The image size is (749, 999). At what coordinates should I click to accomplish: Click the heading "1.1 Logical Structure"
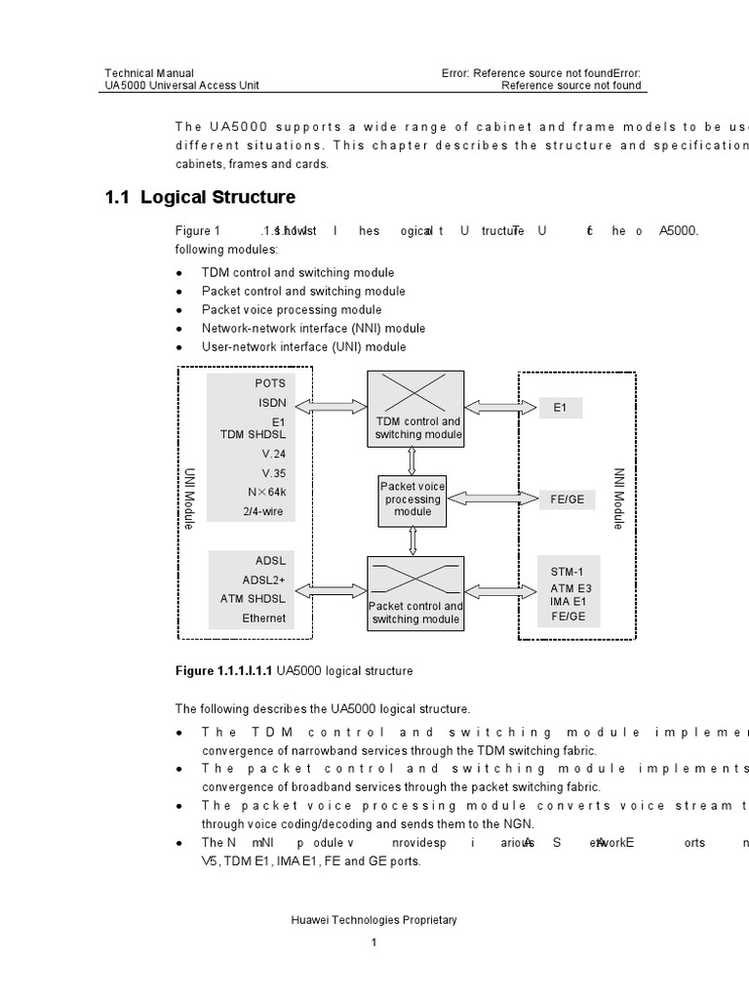pos(200,197)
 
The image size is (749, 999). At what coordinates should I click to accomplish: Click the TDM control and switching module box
pos(415,409)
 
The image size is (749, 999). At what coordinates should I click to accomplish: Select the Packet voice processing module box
pos(413,499)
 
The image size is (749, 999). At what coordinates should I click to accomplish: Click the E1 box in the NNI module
pos(560,408)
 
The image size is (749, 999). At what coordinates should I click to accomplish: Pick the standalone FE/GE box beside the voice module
pos(568,499)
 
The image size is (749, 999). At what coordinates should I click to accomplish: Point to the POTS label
pos(270,383)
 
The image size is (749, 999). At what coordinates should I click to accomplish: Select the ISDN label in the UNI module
pos(272,402)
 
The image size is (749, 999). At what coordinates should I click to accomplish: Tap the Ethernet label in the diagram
pos(264,618)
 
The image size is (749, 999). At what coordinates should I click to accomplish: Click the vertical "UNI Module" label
pos(190,498)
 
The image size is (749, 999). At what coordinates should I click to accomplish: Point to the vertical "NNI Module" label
pos(618,498)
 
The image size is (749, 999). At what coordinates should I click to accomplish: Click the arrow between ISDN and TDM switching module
pos(332,403)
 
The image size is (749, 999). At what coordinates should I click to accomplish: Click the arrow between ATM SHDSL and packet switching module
pos(332,589)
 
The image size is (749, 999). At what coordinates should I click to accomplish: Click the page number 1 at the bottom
pos(374,942)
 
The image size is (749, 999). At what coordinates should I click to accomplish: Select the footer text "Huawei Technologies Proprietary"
pos(374,920)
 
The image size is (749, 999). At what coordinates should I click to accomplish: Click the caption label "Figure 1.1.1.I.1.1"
pos(224,671)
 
